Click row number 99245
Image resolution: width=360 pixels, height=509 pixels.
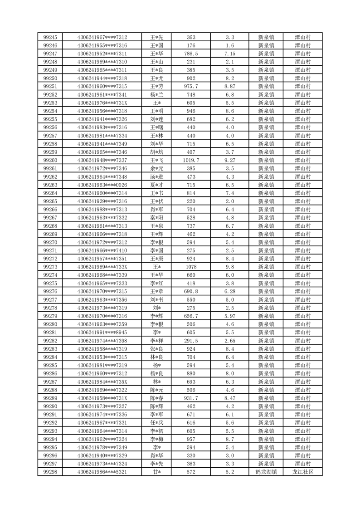point(50,37)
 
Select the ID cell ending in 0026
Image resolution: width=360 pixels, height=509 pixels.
point(102,185)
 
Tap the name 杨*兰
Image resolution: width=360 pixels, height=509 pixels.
point(156,95)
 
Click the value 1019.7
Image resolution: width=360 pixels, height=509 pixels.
point(191,161)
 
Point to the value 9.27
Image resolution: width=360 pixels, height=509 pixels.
point(230,161)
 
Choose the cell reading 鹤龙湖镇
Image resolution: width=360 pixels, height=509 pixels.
point(266,472)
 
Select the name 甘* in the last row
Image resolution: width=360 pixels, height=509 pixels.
point(156,472)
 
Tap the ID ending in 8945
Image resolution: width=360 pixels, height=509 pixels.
point(102,333)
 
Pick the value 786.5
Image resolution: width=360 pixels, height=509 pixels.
point(191,54)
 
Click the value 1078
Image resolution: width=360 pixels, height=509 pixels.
point(191,267)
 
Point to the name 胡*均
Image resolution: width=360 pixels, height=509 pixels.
point(156,152)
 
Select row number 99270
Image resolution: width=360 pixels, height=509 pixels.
point(50,242)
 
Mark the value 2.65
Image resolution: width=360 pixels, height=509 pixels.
point(230,341)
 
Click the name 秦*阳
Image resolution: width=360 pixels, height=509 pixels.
point(156,218)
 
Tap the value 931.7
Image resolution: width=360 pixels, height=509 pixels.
point(191,398)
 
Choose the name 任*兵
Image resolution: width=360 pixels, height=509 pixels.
point(156,423)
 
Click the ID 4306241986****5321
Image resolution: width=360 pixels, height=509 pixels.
point(102,472)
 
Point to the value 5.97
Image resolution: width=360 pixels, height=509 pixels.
point(230,316)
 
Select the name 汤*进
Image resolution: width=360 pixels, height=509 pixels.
point(156,177)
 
